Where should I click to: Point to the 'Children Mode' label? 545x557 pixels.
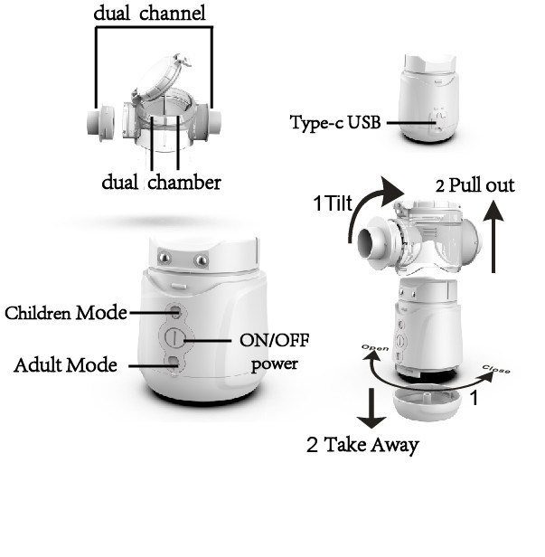[65, 313]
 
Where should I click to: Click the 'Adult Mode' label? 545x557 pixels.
[66, 365]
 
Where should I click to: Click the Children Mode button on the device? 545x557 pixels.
[175, 312]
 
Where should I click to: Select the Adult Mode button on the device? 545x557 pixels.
[174, 363]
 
